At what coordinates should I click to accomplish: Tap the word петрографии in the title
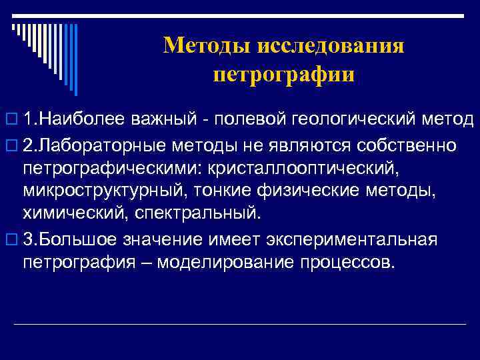283,74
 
